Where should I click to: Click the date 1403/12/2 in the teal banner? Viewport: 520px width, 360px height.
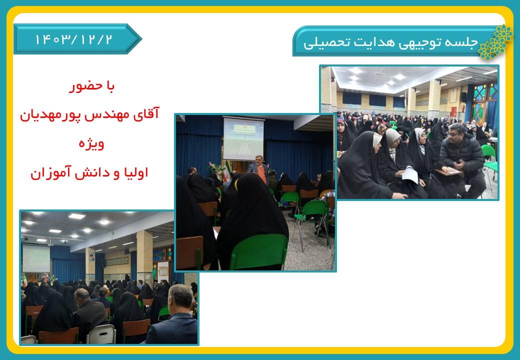[x=73, y=39]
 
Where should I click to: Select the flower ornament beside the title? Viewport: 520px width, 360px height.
[x=495, y=42]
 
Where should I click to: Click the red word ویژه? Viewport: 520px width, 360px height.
[x=91, y=144]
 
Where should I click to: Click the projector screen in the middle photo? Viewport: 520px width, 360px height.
[x=243, y=138]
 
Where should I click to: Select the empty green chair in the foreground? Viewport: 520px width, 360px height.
[x=258, y=252]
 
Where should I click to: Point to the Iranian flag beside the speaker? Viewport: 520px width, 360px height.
[x=227, y=171]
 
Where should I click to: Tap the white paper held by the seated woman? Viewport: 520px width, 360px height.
[x=410, y=175]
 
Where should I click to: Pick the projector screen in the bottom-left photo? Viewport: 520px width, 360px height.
[x=36, y=258]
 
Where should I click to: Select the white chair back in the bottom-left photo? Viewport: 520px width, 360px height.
[x=101, y=334]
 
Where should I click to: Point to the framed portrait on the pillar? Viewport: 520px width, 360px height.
[x=91, y=257]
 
